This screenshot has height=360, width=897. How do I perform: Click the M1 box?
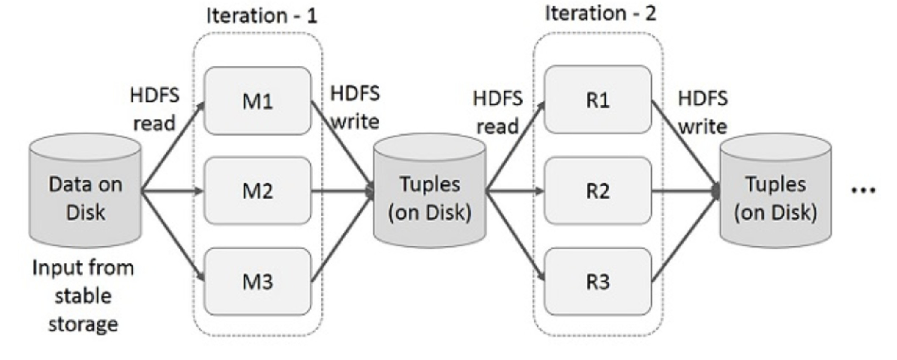pos(257,101)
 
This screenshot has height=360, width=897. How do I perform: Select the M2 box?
pos(257,191)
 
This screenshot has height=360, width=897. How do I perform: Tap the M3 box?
pos(257,282)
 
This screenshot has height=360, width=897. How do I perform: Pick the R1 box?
pos(598,100)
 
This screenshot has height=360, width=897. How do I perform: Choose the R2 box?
pos(598,191)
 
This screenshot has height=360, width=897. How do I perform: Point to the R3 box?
pos(598,282)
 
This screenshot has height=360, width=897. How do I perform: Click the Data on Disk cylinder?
pos(86,191)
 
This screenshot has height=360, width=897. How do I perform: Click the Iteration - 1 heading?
pos(262,16)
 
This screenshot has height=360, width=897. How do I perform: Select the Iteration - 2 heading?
pos(601,13)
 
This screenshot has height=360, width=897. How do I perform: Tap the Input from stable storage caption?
pos(83,296)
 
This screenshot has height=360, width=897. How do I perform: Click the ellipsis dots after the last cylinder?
pos(863,191)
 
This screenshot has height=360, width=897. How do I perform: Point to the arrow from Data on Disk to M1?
pos(173,147)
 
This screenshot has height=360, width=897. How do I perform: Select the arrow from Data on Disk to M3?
pos(173,235)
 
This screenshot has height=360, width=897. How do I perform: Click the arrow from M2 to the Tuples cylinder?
pos(343,191)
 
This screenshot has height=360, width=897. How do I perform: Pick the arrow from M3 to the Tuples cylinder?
pos(343,236)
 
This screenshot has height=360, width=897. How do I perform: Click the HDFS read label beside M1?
pos(155,109)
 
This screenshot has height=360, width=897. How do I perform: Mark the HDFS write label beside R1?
pos(703,112)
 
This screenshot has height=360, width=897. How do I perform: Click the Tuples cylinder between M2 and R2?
pos(430,191)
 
